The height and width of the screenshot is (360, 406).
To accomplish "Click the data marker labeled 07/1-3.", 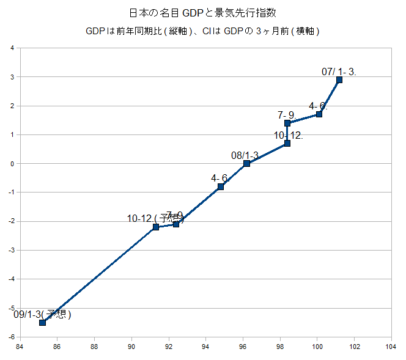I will pyautogui.click(x=339, y=79).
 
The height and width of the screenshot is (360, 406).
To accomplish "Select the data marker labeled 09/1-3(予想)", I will pyautogui.click(x=42, y=323).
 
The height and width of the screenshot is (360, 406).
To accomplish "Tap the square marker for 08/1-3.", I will pyautogui.click(x=246, y=163).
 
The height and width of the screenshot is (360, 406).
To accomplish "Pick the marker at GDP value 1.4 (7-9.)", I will pyautogui.click(x=287, y=123).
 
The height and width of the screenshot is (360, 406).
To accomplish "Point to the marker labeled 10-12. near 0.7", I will pyautogui.click(x=287, y=143).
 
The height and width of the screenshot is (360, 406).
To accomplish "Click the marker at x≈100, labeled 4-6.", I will pyautogui.click(x=319, y=114).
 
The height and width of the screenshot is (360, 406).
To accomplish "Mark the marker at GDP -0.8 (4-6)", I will pyautogui.click(x=221, y=186).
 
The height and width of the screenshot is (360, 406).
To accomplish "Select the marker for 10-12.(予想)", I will pyautogui.click(x=156, y=227).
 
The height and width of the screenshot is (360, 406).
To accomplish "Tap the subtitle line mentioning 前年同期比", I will pyautogui.click(x=203, y=31).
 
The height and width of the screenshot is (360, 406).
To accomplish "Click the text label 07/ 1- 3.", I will pyautogui.click(x=339, y=72).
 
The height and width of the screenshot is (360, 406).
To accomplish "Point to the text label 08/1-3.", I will pyautogui.click(x=245, y=155).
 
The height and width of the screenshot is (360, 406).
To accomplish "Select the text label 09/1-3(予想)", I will pyautogui.click(x=42, y=315).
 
